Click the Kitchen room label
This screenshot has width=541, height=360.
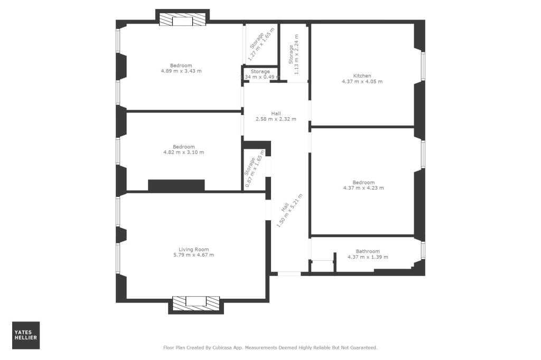(x=362, y=75)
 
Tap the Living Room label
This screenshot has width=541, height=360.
(x=193, y=249)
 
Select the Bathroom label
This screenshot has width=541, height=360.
(x=367, y=251)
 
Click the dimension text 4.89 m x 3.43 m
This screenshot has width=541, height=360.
(x=181, y=71)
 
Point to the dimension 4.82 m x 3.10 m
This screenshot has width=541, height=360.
(x=183, y=152)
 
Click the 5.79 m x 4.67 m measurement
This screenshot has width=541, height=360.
(x=193, y=255)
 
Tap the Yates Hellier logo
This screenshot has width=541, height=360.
(x=26, y=335)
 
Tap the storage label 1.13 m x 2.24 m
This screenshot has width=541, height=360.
(x=293, y=53)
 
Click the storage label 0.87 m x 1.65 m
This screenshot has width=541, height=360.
(x=253, y=168)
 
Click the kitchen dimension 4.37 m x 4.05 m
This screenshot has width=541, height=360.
(x=362, y=81)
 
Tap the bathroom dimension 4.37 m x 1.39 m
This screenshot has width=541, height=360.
(x=367, y=257)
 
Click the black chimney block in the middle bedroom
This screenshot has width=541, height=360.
(x=176, y=185)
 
